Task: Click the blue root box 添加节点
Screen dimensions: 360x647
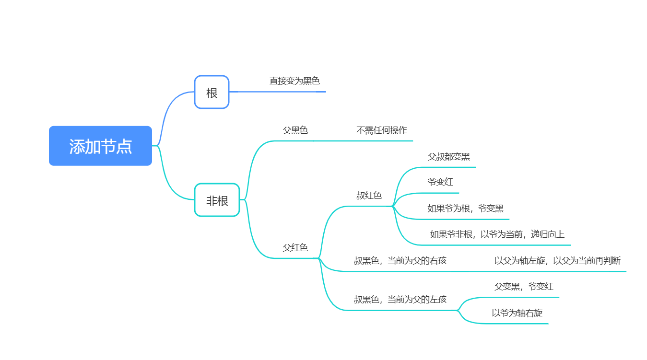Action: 100,146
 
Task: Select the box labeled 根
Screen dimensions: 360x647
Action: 212,92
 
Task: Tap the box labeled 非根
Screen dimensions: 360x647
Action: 217,200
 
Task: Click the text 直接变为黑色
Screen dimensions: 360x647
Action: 294,81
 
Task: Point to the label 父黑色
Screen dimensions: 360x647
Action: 295,130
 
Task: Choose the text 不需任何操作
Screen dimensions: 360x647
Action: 382,130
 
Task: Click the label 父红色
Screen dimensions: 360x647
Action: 295,248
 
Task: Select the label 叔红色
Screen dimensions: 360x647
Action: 369,196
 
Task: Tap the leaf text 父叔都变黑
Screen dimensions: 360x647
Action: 448,157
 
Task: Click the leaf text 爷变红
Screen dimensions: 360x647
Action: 440,182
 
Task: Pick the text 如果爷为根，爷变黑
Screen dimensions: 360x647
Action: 465,209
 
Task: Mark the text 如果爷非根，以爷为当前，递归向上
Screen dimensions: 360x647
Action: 497,234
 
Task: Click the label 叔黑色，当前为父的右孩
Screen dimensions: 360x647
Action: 400,261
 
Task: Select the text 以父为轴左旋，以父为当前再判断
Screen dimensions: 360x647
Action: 557,261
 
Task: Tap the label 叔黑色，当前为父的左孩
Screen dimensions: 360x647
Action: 400,300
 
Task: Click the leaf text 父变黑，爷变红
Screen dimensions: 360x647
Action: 524,287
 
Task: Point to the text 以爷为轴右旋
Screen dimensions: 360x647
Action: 517,313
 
